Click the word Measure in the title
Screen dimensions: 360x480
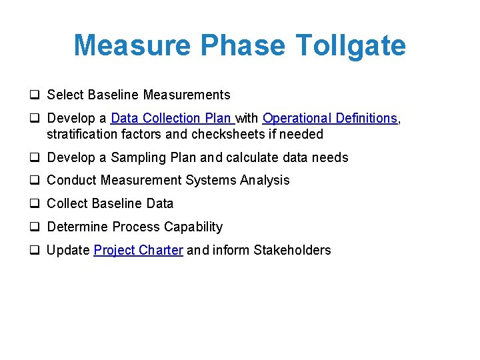133,46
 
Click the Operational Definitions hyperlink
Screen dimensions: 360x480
330,118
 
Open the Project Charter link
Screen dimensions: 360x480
138,250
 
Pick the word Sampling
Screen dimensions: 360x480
139,157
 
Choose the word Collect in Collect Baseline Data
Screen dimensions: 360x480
67,203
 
